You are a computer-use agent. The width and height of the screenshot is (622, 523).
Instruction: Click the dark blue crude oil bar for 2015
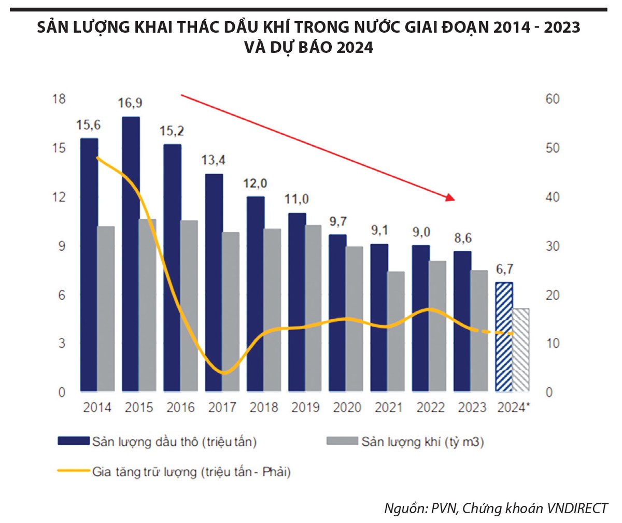(x=131, y=254)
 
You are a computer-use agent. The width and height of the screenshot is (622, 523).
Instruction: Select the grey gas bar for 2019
(x=313, y=308)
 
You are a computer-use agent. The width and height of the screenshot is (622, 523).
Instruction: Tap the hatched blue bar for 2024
(x=504, y=337)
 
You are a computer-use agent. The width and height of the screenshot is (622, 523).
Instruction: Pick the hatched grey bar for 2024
(x=521, y=349)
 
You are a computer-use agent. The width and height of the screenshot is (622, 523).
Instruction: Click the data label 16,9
(x=130, y=103)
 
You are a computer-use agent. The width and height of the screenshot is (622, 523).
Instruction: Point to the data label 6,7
(x=504, y=268)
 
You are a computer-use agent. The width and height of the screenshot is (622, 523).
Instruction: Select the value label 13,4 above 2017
(x=214, y=160)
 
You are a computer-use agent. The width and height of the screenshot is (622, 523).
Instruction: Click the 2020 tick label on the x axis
(x=347, y=408)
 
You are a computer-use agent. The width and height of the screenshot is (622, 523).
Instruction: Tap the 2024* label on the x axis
(x=513, y=408)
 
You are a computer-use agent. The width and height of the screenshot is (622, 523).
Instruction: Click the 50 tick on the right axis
(x=553, y=148)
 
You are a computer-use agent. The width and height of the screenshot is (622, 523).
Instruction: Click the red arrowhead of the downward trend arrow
(x=450, y=197)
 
